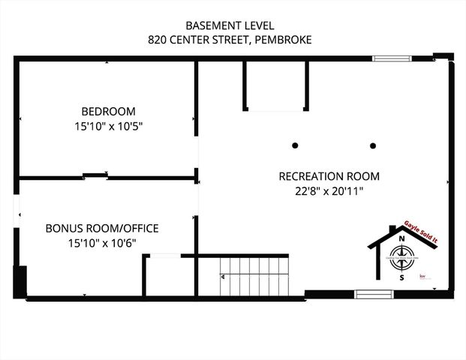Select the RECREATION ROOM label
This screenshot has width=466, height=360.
tap(329, 176)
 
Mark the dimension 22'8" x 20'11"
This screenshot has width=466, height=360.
tap(329, 191)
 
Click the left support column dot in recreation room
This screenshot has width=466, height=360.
tap(296, 144)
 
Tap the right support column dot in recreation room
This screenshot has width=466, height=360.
tap(372, 144)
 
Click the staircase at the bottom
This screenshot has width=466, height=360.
tap(255, 277)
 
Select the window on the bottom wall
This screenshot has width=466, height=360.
tap(374, 294)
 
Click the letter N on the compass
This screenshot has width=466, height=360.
tap(402, 239)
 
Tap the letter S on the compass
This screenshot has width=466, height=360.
tap(402, 277)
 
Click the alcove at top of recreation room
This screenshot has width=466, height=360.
tap(275, 85)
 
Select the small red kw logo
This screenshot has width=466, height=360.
tap(422, 277)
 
